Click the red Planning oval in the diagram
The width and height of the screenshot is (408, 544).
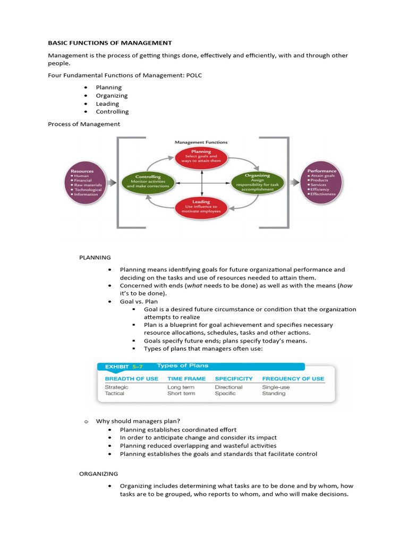pos(201,157)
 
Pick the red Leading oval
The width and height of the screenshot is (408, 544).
pos(201,206)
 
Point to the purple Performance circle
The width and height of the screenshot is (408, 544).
pos(322,182)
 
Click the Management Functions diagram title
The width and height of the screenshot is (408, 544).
pos(201,142)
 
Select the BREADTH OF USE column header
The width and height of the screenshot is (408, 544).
pos(131,379)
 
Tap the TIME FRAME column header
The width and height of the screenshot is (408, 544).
pos(186,379)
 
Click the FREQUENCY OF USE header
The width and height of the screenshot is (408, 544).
pos(293,379)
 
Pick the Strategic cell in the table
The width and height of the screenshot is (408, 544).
pos(116,387)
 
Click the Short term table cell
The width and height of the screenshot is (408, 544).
pos(181,394)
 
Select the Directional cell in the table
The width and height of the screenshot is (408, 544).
pos(228,387)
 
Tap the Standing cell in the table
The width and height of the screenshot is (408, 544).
pos(274,394)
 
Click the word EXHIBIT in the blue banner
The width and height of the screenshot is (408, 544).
pos(117,367)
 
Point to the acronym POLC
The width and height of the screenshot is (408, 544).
pos(193,75)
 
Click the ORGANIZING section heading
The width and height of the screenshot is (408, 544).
pos(99,473)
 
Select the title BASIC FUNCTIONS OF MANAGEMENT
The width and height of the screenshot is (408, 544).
pos(110,42)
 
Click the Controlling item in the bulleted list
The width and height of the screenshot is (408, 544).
pos(112,112)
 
